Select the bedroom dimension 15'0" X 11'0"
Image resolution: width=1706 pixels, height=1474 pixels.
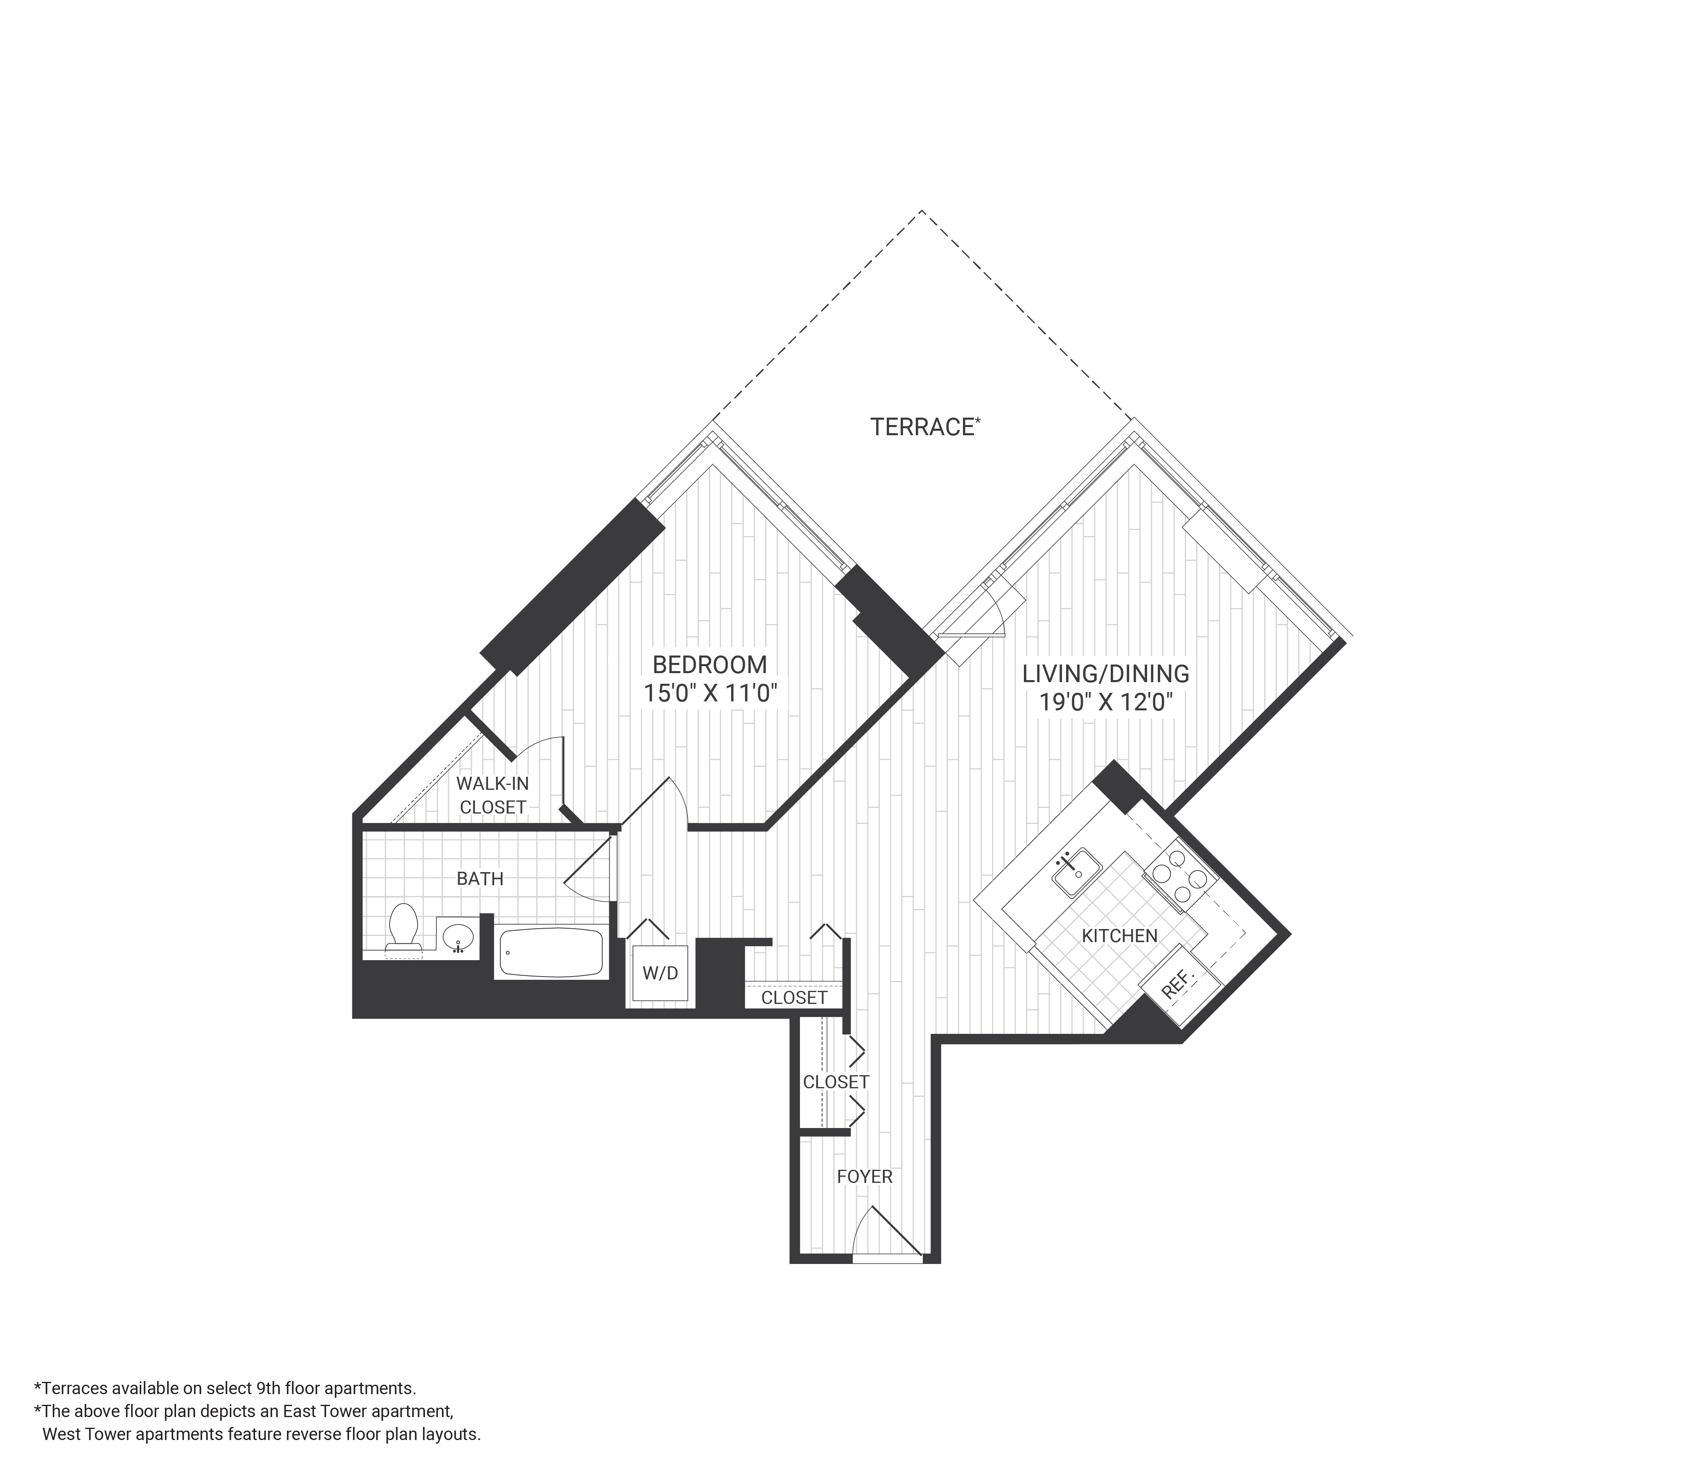point(710,693)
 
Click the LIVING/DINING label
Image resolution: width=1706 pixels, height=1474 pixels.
point(1105,674)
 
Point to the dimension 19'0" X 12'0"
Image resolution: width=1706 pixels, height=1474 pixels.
point(1105,703)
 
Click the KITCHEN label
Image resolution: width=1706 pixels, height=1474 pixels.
point(1119,936)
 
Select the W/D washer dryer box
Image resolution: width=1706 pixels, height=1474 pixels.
point(660,973)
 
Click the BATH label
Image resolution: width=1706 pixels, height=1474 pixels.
point(480,879)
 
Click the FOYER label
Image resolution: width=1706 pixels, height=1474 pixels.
point(865,1177)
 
